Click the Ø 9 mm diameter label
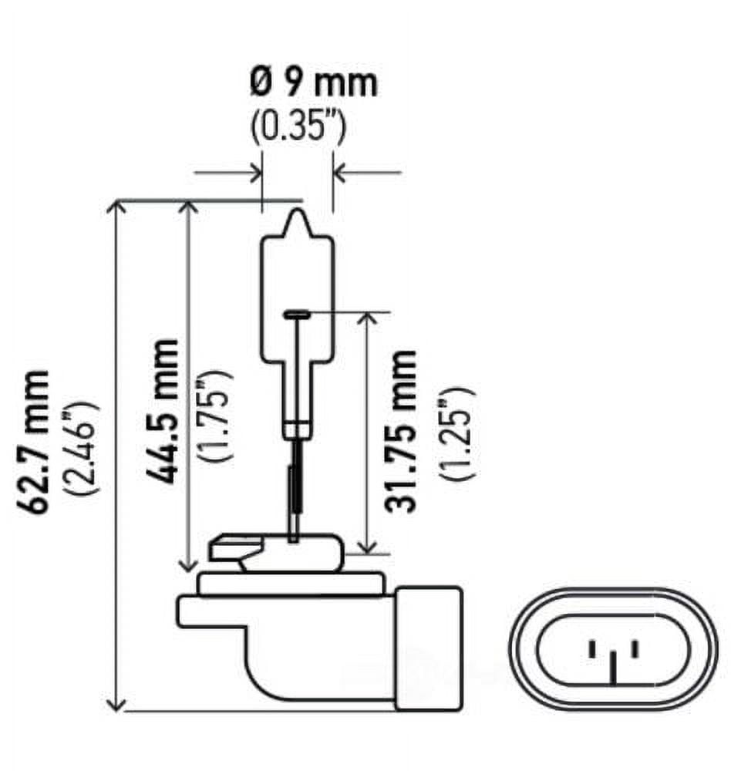pos(313,83)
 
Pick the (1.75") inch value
pos(214,415)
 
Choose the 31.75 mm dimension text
pos(402,431)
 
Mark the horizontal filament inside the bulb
pos(297,313)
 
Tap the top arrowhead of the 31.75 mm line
pos(369,318)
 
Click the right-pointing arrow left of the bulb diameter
pos(254,173)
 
